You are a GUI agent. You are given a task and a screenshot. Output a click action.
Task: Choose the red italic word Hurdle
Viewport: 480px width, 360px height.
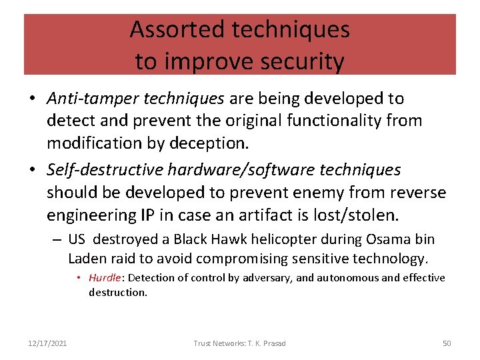[105, 278]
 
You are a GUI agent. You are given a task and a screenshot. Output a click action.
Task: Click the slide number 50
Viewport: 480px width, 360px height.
[447, 343]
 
